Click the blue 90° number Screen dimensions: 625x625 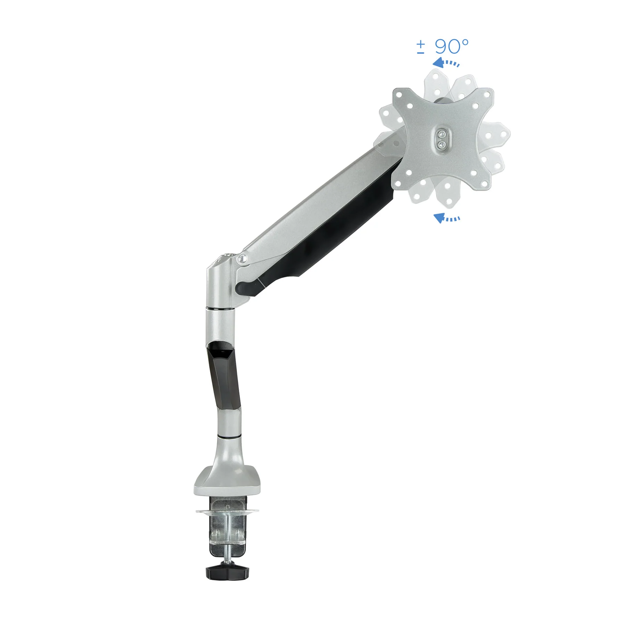451,47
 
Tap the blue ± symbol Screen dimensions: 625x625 420,47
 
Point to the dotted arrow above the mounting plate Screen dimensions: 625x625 445,63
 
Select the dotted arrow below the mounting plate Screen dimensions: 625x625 447,218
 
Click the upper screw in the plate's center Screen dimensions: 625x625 441,134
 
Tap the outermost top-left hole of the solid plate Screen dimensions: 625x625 399,94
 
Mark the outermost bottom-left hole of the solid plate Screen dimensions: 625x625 398,183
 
